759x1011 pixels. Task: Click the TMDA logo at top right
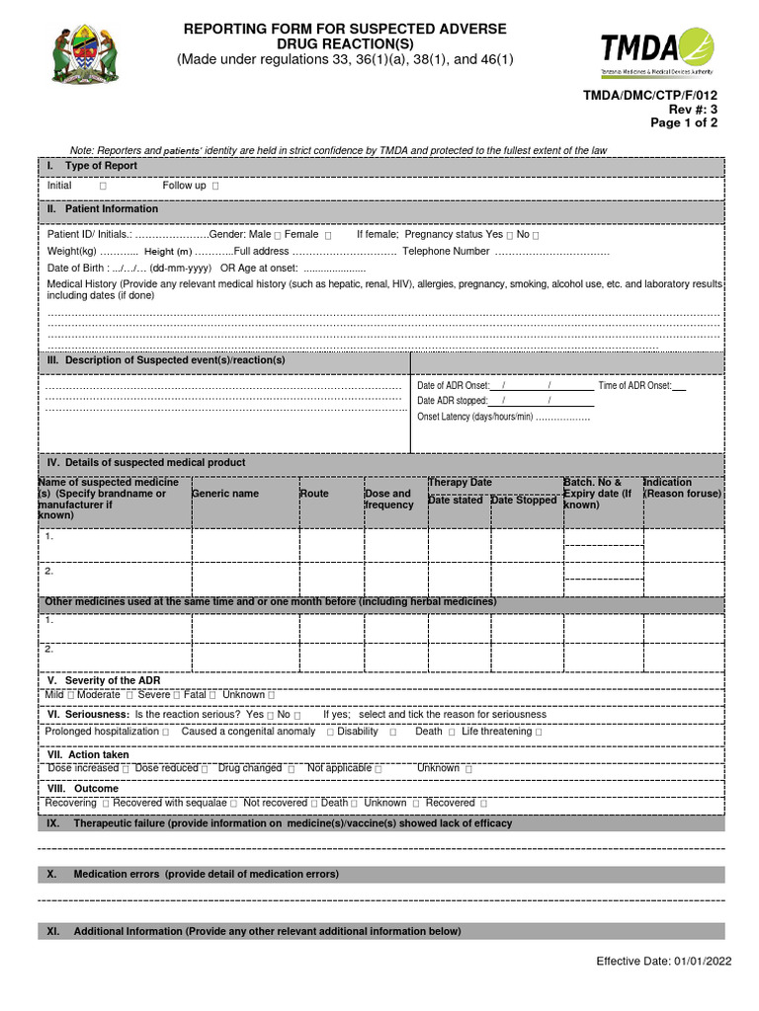pyautogui.click(x=656, y=53)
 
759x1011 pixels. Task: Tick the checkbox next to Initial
pyautogui.click(x=104, y=187)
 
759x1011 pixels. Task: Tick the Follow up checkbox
pyautogui.click(x=216, y=187)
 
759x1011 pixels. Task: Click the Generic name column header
pyautogui.click(x=225, y=494)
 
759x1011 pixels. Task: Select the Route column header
pyautogui.click(x=314, y=494)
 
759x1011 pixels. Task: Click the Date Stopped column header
pyautogui.click(x=524, y=501)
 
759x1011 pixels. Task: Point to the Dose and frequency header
pyautogui.click(x=388, y=500)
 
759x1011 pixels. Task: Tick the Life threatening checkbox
pyautogui.click(x=540, y=733)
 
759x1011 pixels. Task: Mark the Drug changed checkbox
pyautogui.click(x=293, y=768)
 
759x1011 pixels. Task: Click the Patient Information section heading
pyautogui.click(x=111, y=209)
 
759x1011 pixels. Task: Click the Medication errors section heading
pyautogui.click(x=206, y=875)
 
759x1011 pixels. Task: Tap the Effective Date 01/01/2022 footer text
pyautogui.click(x=662, y=963)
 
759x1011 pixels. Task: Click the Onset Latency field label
pyautogui.click(x=474, y=417)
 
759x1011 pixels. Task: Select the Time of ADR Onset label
pyautogui.click(x=633, y=386)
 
